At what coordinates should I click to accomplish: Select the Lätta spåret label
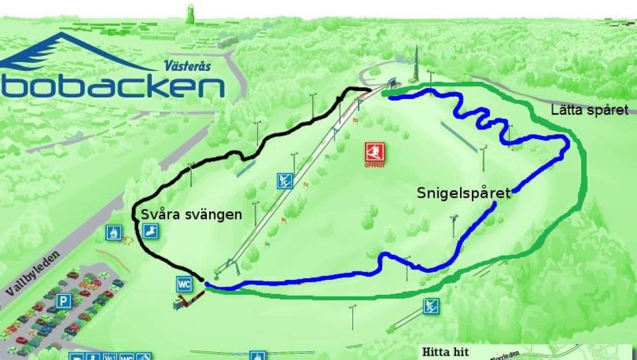(589, 110)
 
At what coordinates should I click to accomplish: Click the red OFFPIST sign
(374, 153)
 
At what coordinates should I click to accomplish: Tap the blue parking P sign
(64, 301)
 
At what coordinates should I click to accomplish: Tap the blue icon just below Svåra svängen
(150, 231)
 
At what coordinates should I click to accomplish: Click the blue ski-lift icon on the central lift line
(285, 181)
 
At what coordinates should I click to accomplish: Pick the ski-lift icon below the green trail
(431, 305)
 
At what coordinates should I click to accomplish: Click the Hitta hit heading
(445, 352)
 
